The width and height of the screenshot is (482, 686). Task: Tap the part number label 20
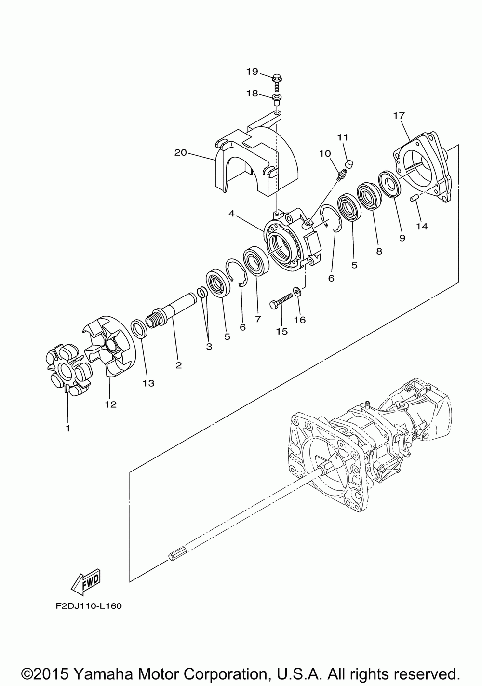180,153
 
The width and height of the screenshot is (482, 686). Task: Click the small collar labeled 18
277,99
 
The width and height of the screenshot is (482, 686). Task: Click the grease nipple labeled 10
341,173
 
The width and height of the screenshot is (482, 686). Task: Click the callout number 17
399,116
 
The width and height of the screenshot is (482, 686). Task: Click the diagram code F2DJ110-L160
88,605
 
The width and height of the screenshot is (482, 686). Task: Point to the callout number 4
232,213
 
